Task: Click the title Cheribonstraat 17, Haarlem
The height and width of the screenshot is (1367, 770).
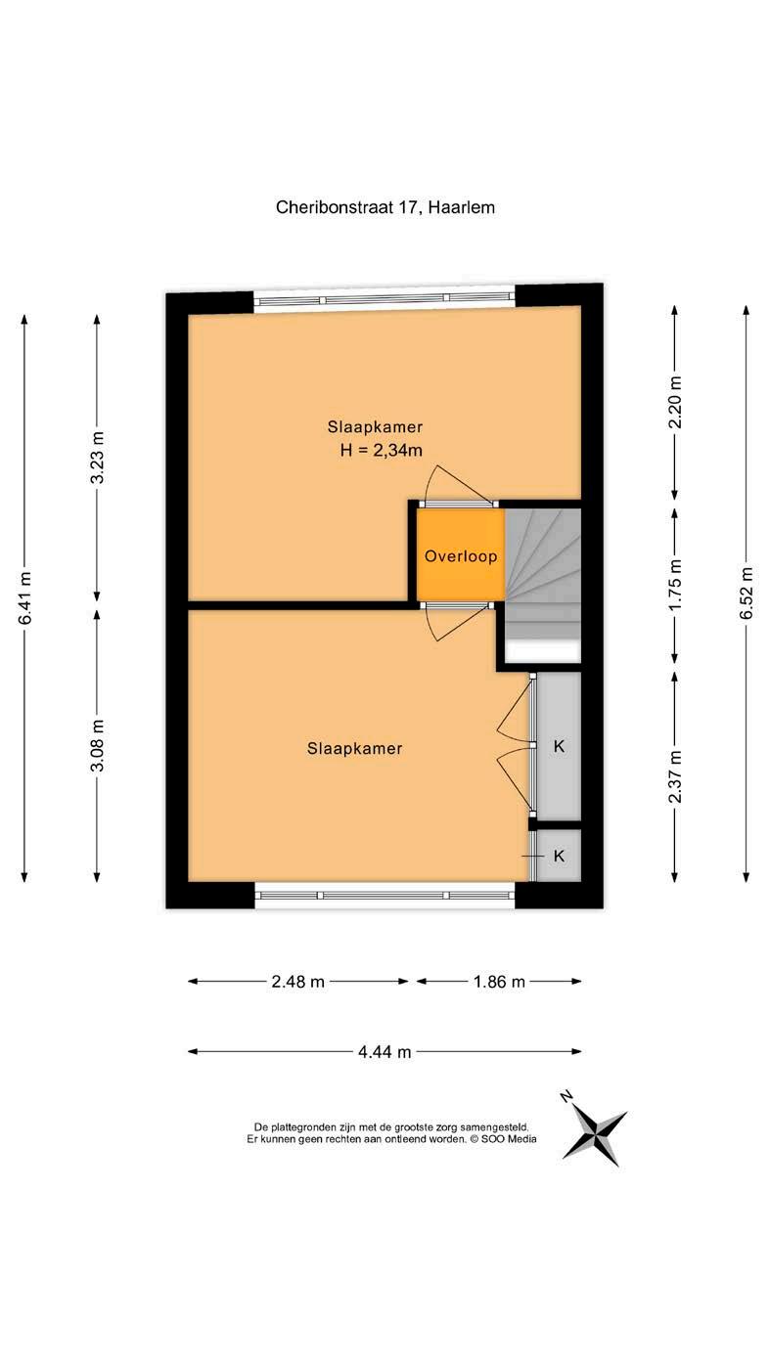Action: point(385,207)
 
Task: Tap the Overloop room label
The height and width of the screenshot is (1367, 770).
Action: point(461,556)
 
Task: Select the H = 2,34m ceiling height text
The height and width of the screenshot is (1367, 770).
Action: point(381,451)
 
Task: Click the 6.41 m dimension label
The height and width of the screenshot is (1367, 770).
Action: point(24,598)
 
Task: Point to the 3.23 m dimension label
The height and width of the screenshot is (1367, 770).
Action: point(97,457)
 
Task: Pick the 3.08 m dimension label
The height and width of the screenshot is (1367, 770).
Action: point(97,745)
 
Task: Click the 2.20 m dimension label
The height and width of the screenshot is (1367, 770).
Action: point(675,402)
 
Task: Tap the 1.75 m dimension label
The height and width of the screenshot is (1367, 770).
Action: point(675,585)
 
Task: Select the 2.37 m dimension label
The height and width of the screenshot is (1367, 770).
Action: point(675,776)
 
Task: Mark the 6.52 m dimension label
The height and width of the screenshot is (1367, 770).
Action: point(747,594)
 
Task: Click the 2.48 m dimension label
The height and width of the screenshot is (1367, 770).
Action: point(298,982)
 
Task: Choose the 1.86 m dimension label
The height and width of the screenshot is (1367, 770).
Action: point(499,982)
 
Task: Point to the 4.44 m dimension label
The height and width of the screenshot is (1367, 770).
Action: point(385,1051)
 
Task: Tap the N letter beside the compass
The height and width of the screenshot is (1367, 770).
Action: point(566,1097)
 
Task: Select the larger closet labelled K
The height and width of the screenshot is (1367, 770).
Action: point(558,746)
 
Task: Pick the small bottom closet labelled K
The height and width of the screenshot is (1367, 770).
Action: point(558,856)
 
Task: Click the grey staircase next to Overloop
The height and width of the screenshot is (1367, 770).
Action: point(542,574)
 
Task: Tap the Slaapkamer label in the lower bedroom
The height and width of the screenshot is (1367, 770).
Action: point(355,748)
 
